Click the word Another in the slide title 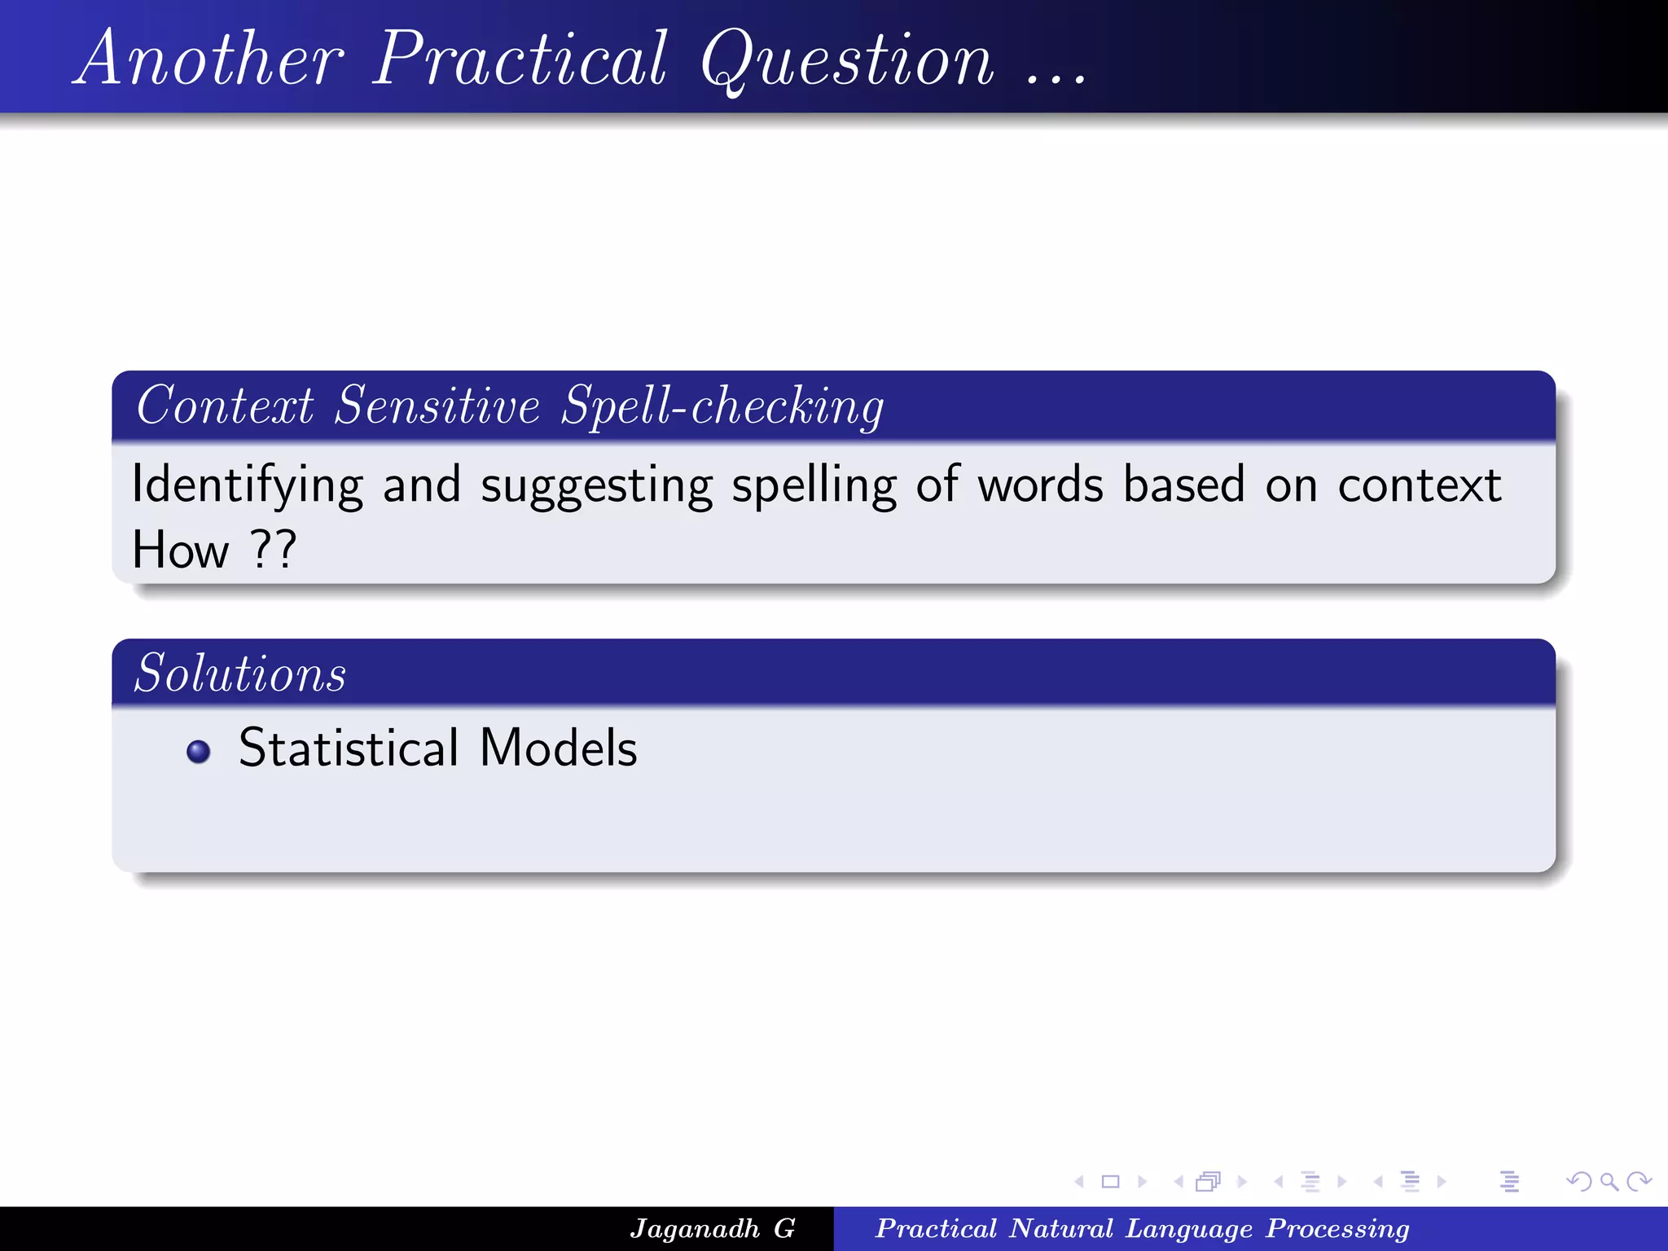[x=210, y=59]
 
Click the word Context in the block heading [x=225, y=406]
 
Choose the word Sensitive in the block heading [x=437, y=406]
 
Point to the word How [x=181, y=550]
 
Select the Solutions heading [x=240, y=674]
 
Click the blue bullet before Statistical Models [x=199, y=751]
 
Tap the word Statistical [x=349, y=748]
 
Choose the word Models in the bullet [x=558, y=748]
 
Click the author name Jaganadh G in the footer [x=712, y=1228]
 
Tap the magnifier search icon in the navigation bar [x=1608, y=1181]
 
